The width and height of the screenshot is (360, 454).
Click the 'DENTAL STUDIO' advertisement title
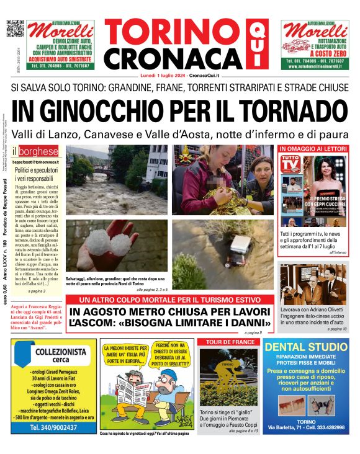(310, 347)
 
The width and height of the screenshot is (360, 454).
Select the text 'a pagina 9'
(253, 333)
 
